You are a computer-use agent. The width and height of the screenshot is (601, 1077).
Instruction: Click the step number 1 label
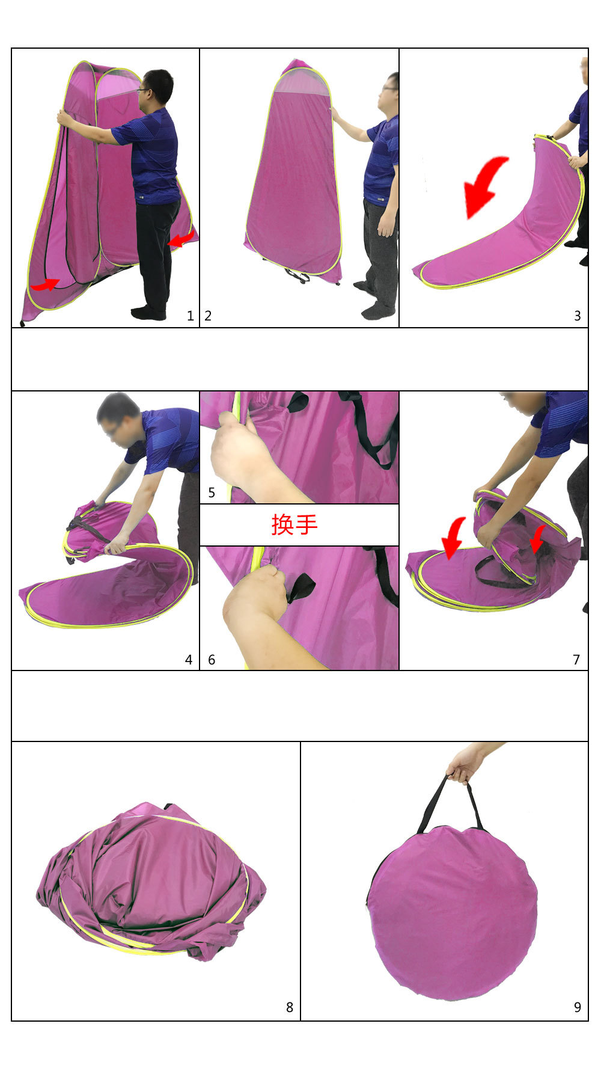tap(191, 316)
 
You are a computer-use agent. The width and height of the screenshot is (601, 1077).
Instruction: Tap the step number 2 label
tap(208, 316)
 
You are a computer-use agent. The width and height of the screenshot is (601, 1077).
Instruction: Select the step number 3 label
tap(578, 316)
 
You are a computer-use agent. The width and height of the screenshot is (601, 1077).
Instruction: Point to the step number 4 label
tap(189, 660)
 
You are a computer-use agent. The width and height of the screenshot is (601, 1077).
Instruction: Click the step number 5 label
tap(212, 492)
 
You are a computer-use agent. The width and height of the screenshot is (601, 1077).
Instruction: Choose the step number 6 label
tap(212, 660)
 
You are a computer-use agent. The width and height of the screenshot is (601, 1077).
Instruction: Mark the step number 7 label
tap(576, 660)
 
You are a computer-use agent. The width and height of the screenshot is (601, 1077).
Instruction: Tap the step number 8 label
tap(290, 1007)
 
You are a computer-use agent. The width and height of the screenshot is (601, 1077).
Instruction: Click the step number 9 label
tap(578, 1007)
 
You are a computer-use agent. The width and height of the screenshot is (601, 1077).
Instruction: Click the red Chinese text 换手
tap(294, 524)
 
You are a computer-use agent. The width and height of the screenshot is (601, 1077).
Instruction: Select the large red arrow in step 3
tap(484, 183)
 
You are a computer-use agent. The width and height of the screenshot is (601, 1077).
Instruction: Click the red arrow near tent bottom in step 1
tap(45, 284)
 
